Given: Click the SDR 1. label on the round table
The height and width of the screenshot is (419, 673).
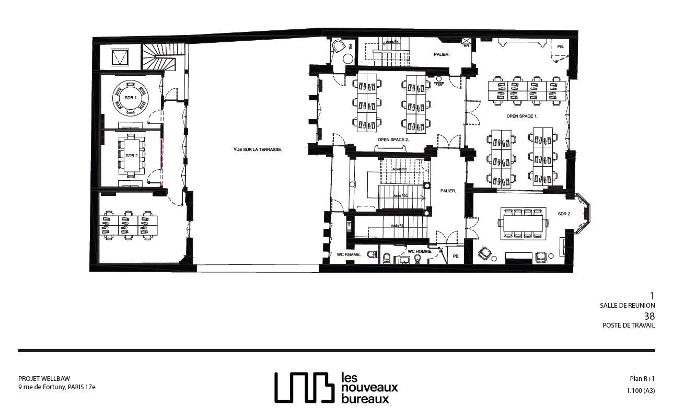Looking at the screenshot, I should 131,98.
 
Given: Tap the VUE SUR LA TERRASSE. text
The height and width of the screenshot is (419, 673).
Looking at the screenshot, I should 258,149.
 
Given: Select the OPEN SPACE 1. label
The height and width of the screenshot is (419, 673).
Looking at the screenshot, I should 521,115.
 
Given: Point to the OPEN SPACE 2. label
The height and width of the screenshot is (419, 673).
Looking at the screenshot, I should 393,140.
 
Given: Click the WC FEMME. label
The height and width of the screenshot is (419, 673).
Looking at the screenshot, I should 348,254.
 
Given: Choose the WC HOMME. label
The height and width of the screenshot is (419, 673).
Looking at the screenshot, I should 420,251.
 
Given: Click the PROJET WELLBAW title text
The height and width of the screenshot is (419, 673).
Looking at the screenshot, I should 44,379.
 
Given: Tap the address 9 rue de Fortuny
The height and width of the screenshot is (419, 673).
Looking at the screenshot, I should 56,387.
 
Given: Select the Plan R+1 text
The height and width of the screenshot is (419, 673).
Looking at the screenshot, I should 642,379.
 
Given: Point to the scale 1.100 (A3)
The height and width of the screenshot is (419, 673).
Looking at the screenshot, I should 641,390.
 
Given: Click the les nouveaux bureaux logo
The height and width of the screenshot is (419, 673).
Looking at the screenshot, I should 336,388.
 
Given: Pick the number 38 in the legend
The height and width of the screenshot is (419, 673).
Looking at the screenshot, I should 649,316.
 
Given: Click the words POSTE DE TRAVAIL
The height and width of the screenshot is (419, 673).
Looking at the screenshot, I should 628,325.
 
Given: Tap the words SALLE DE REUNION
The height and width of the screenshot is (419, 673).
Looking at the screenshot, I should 627,305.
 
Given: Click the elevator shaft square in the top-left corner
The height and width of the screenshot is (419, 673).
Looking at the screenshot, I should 120,56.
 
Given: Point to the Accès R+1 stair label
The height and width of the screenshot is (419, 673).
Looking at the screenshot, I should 392,41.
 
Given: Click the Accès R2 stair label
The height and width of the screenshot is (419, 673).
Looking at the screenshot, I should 398,226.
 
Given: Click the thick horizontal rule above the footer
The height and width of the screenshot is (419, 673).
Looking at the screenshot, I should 336,350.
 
